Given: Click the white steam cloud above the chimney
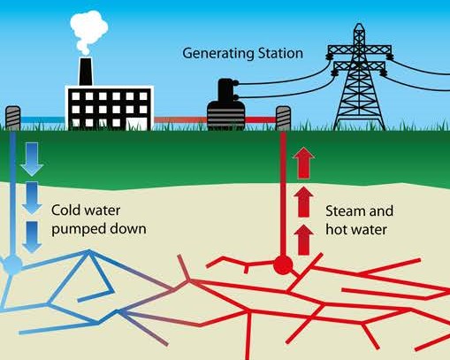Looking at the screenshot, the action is click(x=88, y=31).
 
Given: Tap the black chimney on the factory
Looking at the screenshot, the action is click(x=86, y=71).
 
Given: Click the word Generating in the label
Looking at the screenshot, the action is click(x=218, y=54).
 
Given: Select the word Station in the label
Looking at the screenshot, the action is click(x=280, y=53).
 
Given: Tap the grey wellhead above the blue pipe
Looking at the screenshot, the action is click(x=13, y=118).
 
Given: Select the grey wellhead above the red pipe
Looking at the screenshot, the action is click(x=283, y=119).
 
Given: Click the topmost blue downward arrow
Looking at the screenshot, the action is click(x=32, y=159).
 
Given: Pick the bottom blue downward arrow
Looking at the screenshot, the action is click(x=32, y=237).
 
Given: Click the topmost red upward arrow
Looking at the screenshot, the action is click(x=304, y=164).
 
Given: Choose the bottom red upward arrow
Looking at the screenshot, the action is click(x=304, y=240).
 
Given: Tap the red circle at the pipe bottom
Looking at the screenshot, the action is click(x=283, y=265).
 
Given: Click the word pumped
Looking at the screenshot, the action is click(x=78, y=230).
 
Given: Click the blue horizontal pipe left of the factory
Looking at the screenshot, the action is click(x=42, y=119).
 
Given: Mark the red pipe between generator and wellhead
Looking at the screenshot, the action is click(x=261, y=119).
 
